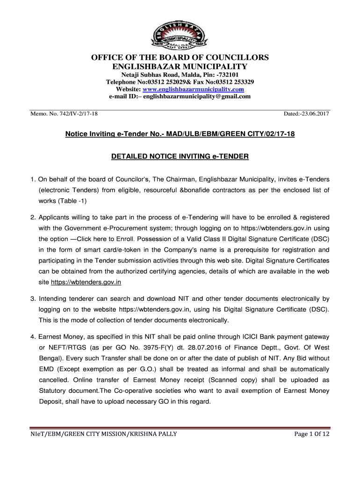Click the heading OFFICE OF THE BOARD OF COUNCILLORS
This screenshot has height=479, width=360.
point(180,58)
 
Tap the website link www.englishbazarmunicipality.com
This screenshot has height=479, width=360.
point(193,89)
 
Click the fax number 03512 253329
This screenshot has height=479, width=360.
point(232,82)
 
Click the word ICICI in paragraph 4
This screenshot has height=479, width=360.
point(239,337)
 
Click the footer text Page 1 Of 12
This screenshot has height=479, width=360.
point(312,434)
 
